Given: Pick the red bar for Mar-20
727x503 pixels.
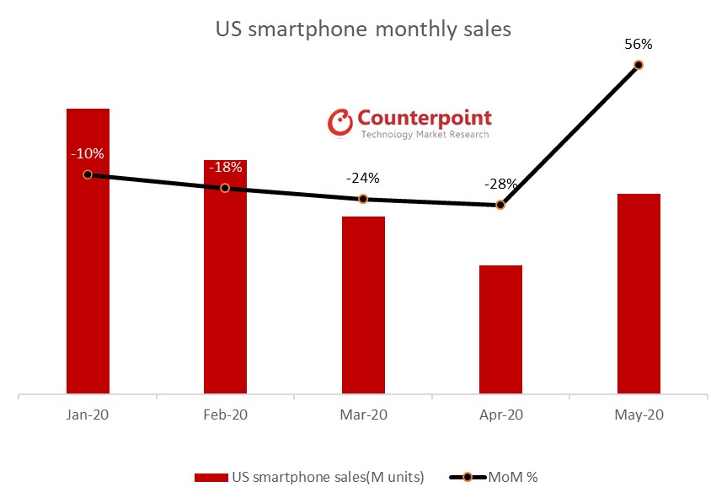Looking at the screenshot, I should pyautogui.click(x=363, y=304).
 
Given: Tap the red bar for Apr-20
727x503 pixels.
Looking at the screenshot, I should pyautogui.click(x=500, y=329).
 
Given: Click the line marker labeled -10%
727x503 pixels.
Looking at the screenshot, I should pyautogui.click(x=88, y=174).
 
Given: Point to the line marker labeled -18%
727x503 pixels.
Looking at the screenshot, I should pyautogui.click(x=225, y=188).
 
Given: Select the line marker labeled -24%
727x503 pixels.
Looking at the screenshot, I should pyautogui.click(x=363, y=199).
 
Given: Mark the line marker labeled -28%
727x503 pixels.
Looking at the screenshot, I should pyautogui.click(x=500, y=205).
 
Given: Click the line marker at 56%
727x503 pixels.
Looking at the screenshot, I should pyautogui.click(x=638, y=64).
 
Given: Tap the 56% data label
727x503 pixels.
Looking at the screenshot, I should pyautogui.click(x=639, y=44).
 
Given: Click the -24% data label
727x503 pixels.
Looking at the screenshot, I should pyautogui.click(x=363, y=179).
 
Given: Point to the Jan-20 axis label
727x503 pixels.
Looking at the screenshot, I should pyautogui.click(x=88, y=415).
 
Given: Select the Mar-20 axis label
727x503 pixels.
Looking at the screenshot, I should pyautogui.click(x=363, y=415).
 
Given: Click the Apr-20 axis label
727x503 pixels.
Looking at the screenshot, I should pyautogui.click(x=500, y=415).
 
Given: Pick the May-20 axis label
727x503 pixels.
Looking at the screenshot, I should pyautogui.click(x=638, y=415).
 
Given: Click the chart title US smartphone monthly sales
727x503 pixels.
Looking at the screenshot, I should pyautogui.click(x=363, y=29).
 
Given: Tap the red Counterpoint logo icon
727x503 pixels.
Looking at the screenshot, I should pyautogui.click(x=339, y=122).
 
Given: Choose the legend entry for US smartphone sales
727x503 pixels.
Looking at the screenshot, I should pyautogui.click(x=309, y=477).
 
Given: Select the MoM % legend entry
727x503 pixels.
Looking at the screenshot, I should pyautogui.click(x=493, y=477).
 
